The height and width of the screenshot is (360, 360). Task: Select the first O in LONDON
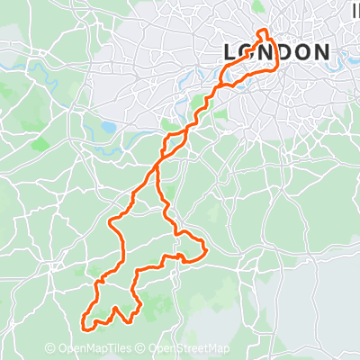[x=247, y=52]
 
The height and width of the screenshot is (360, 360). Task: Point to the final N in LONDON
[x=320, y=52]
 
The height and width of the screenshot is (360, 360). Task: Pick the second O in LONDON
[x=301, y=52]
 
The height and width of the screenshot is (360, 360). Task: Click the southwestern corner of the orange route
[x=84, y=324]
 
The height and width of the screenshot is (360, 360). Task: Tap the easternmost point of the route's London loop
[x=275, y=61]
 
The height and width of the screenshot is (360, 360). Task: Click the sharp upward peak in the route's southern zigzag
[x=115, y=309]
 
